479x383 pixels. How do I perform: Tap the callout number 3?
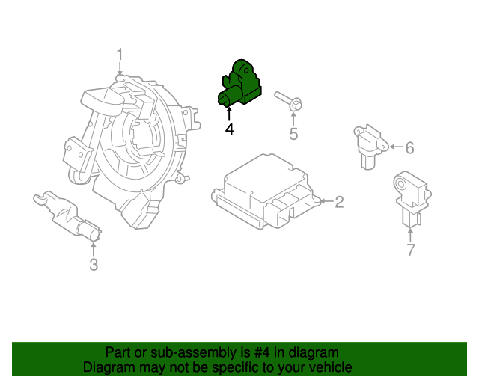[93, 265]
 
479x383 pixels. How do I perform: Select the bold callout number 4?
[229, 129]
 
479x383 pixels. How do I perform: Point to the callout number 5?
[294, 134]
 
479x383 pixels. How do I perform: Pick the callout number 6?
[409, 148]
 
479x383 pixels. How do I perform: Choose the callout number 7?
[410, 250]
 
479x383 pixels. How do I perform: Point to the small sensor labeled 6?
[368, 146]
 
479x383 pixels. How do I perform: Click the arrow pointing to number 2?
[323, 201]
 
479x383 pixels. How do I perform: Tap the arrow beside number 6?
[393, 147]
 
